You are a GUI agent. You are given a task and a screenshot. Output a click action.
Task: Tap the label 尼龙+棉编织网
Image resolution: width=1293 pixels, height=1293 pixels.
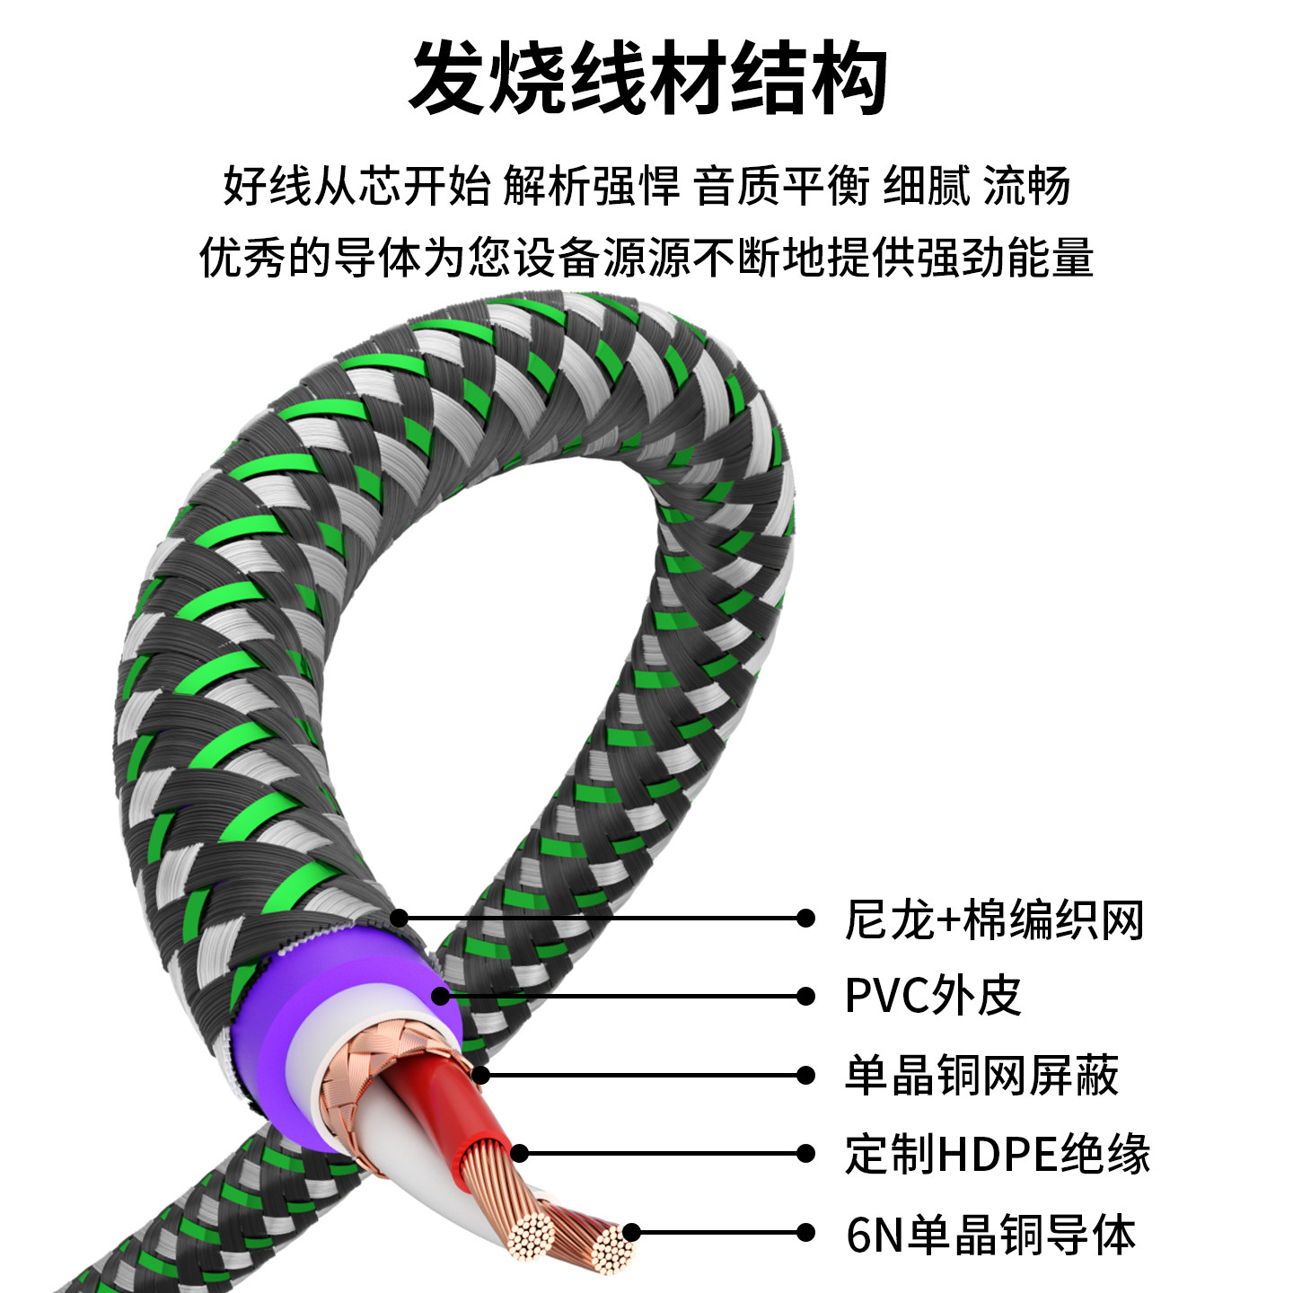[x=994, y=919]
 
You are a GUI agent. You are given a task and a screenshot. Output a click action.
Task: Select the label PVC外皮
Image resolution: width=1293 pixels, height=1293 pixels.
[x=933, y=996]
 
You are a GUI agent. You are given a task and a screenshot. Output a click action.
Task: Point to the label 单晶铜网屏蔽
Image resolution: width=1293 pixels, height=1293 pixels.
[x=981, y=1075]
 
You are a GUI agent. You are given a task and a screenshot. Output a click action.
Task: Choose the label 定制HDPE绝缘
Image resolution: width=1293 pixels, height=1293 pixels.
[x=997, y=1154]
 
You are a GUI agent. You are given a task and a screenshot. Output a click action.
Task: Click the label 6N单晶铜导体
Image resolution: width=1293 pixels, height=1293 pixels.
[x=990, y=1234]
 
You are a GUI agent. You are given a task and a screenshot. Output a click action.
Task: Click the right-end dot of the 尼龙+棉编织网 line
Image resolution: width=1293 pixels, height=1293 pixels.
[x=805, y=918]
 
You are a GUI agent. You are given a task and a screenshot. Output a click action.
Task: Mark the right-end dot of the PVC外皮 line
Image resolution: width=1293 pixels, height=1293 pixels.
[x=805, y=996]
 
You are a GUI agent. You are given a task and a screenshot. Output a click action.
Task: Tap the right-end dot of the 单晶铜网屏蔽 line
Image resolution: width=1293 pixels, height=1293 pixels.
[x=805, y=1075]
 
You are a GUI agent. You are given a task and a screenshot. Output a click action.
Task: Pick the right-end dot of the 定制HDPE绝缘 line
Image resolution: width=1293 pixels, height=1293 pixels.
[x=805, y=1154]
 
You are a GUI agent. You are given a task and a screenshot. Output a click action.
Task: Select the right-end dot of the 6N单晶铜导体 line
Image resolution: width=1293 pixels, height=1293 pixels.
[x=805, y=1233]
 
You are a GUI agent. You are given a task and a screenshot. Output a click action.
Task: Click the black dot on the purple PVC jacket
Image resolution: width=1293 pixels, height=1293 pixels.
[x=440, y=996]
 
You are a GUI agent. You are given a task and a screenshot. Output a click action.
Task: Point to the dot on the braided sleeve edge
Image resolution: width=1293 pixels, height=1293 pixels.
[x=400, y=918]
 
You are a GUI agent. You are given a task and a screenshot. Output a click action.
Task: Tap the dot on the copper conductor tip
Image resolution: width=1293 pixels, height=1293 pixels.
[x=631, y=1232]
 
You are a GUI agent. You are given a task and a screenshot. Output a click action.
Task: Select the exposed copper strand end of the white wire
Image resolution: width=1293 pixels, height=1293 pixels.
[x=530, y=1235]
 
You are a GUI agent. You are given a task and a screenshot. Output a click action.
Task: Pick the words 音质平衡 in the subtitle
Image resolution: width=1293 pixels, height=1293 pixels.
[x=782, y=187]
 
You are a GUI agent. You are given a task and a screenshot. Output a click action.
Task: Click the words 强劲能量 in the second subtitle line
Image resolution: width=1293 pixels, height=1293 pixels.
[x=1004, y=258]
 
